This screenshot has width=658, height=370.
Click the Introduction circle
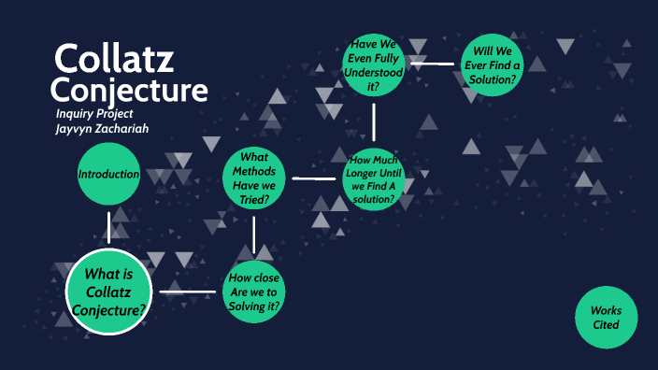pos(108,175)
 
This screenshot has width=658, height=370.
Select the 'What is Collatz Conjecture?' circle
pos(108,292)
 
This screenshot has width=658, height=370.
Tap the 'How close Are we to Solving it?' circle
pos(254,292)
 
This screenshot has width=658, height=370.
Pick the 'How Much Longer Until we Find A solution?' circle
pos(373,178)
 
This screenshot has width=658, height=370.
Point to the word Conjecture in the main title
pos(128,91)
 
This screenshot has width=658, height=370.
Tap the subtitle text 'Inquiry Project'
pos(93,114)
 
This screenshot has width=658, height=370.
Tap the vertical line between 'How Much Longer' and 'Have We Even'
pos(373,121)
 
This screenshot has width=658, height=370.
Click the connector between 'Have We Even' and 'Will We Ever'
pos(432,64)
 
